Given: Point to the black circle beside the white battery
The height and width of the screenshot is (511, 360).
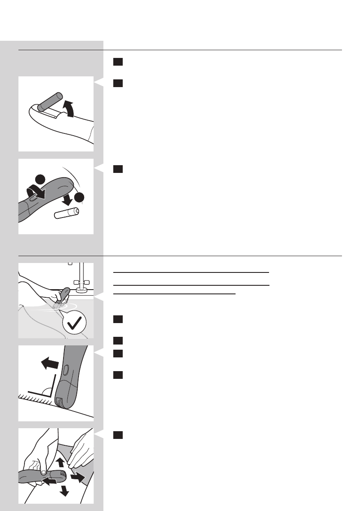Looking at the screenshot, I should click(79, 197).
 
